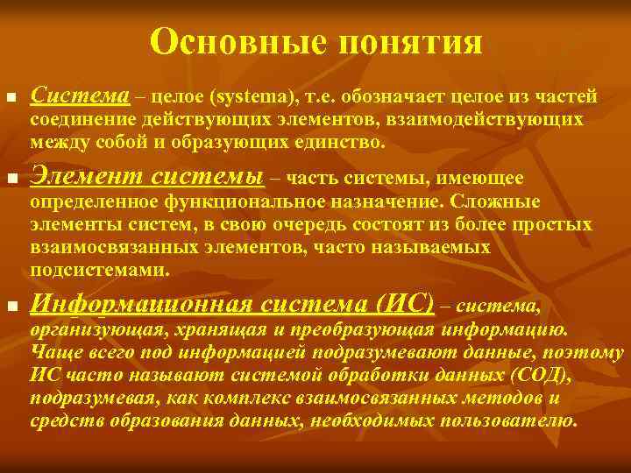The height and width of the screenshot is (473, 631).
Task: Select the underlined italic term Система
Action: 80,94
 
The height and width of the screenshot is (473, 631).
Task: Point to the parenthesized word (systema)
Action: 226,95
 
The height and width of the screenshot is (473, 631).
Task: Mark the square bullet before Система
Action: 11,95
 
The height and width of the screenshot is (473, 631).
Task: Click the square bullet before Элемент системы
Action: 11,180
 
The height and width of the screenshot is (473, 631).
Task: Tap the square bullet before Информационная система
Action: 11,306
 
